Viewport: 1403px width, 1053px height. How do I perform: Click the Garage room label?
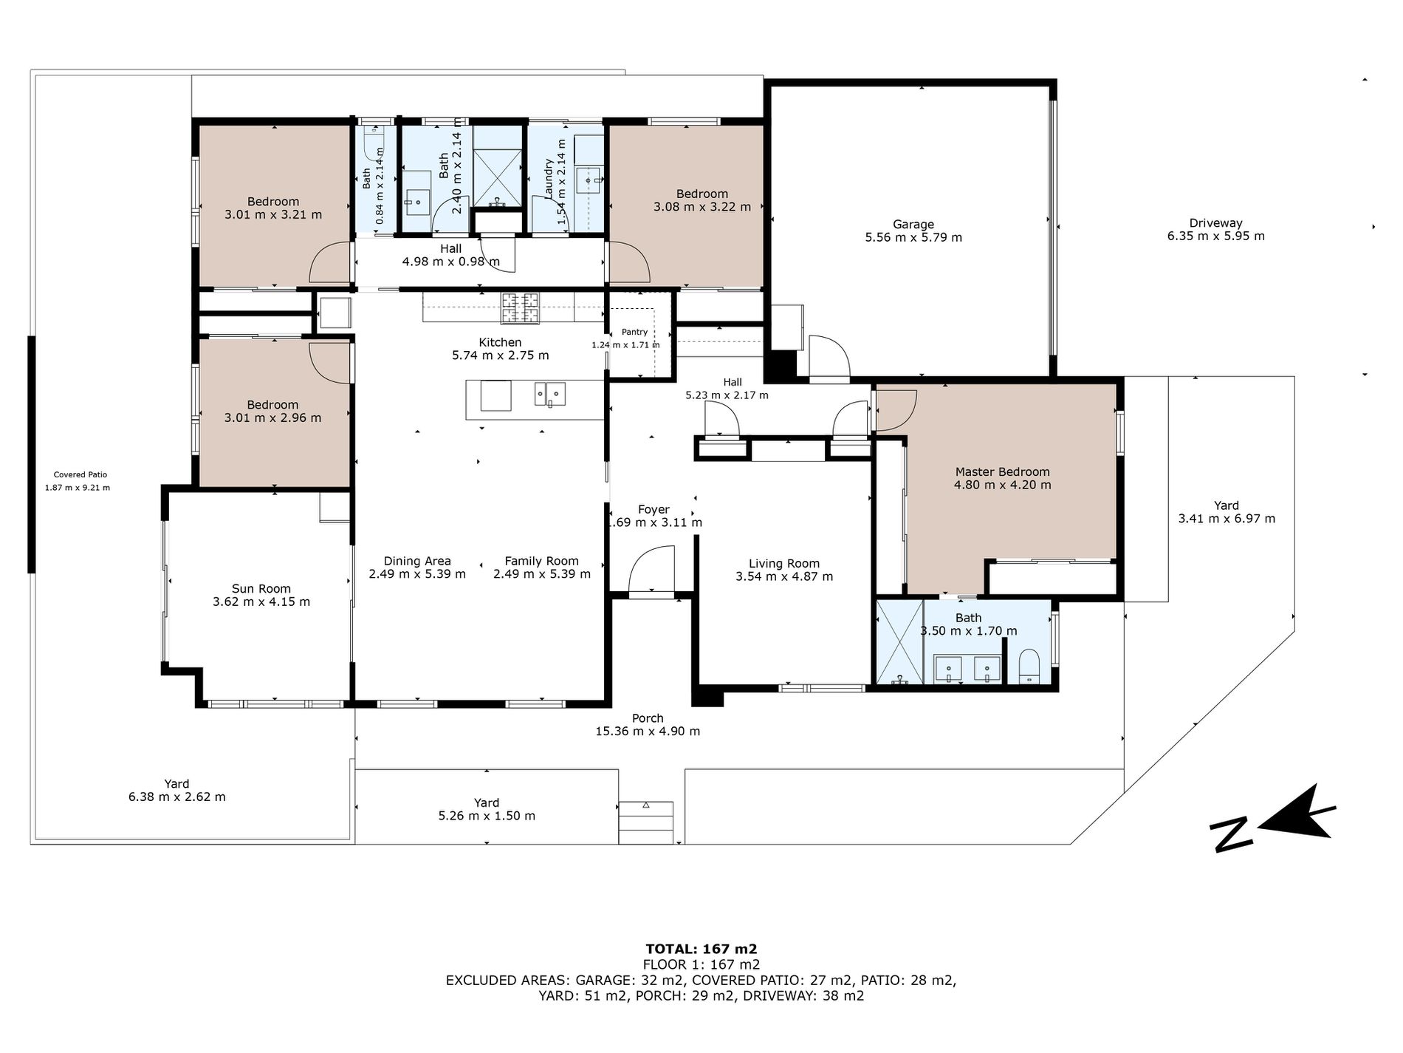coord(913,225)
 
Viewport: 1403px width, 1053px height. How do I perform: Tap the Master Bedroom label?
coord(1002,472)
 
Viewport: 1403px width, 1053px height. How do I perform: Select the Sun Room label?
coord(261,589)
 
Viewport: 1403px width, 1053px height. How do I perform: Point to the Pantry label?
coord(634,333)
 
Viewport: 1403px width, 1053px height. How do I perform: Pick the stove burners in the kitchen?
coord(521,307)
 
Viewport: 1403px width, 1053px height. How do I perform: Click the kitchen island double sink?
coord(550,394)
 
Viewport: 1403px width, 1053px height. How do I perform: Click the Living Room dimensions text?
coord(784,576)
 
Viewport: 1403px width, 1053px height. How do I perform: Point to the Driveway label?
coord(1215,223)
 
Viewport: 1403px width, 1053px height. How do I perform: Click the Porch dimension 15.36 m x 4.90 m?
coord(648,732)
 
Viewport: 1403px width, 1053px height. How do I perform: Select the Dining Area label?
coord(417,562)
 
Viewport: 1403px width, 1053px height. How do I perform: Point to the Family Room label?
coord(541,562)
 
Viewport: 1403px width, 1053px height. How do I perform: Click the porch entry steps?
coord(646,822)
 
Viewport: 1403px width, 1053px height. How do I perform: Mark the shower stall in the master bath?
coord(899,641)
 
